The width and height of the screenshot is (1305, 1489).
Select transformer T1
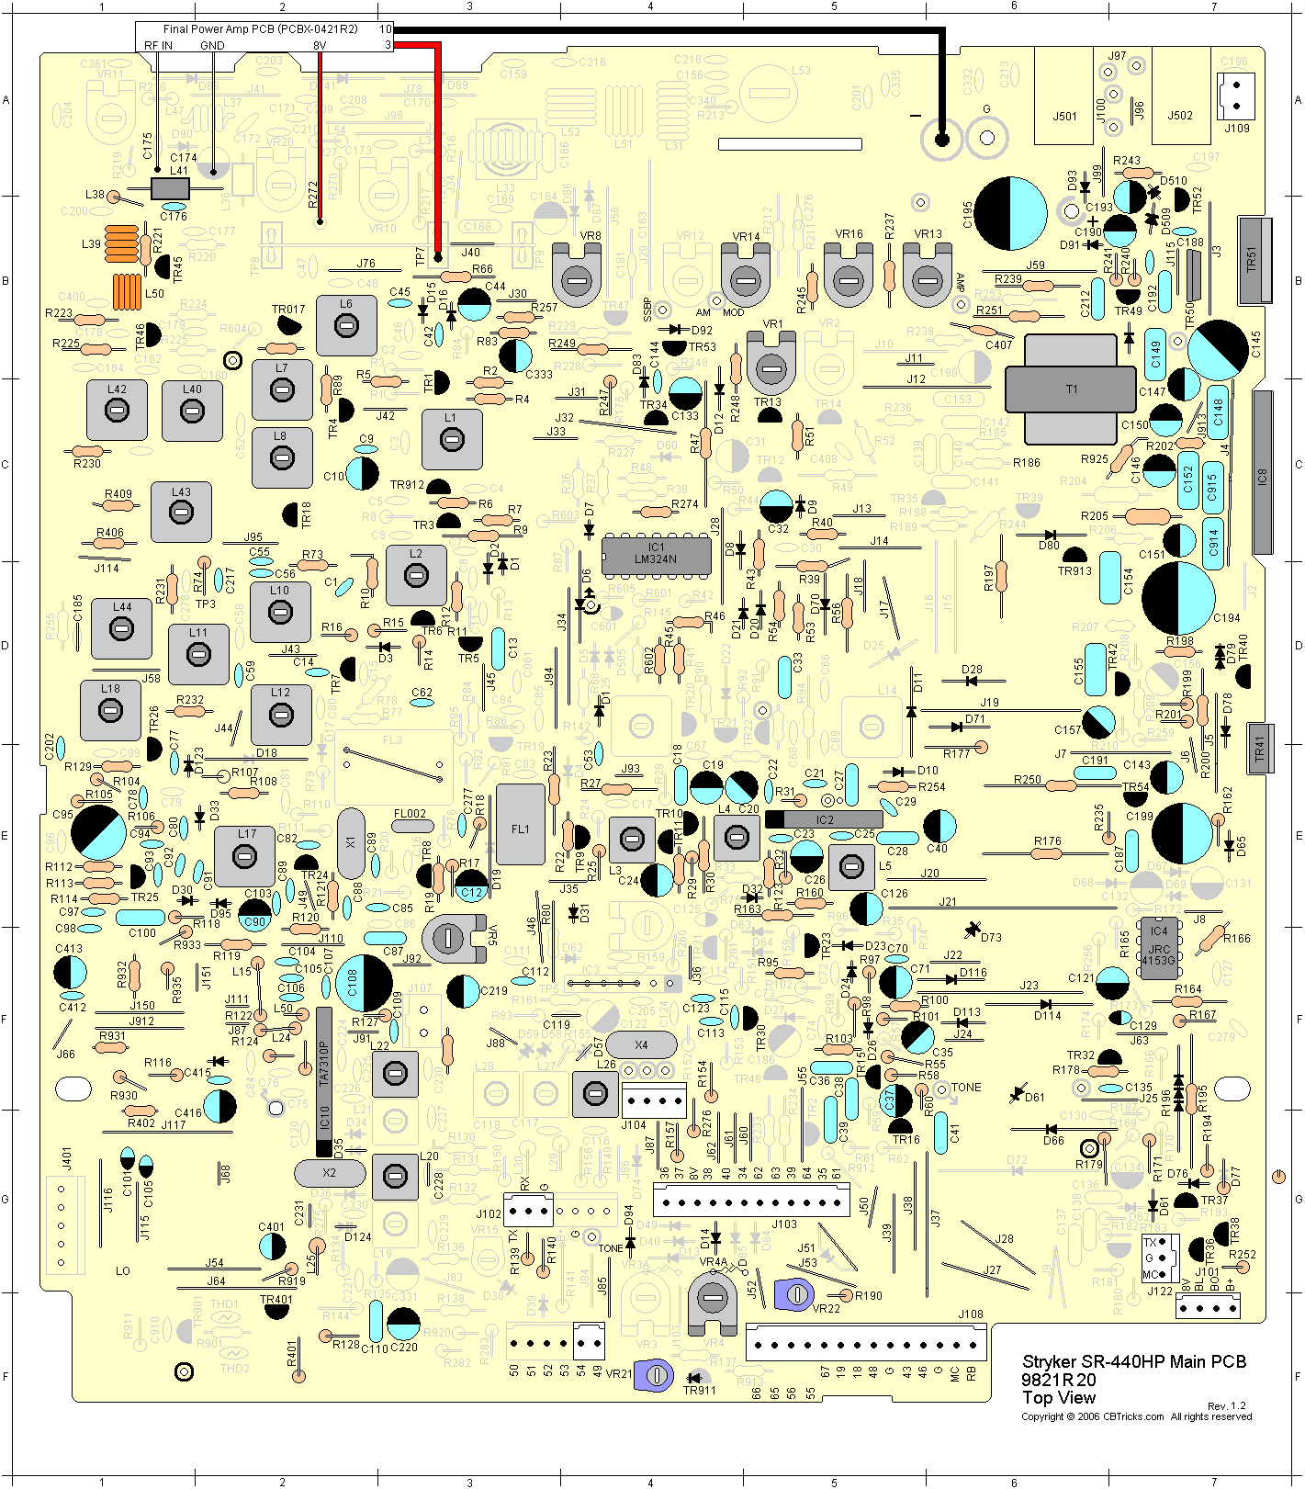point(1071,389)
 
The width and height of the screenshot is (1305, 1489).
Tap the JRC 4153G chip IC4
point(1159,946)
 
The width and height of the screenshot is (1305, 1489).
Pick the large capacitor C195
point(1010,213)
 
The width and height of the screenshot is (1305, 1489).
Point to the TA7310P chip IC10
point(323,1081)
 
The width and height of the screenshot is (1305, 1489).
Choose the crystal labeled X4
point(641,1044)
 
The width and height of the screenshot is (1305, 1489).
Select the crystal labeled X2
point(330,1173)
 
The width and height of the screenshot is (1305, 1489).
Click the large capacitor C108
point(364,984)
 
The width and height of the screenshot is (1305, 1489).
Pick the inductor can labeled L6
point(346,325)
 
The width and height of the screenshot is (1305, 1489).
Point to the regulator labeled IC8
point(1263,472)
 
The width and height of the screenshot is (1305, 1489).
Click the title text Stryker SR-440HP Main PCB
point(1134,1361)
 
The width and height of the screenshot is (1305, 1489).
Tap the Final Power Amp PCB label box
point(264,37)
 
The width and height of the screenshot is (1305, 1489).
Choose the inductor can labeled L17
point(244,856)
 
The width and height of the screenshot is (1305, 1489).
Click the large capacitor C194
point(1178,598)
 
